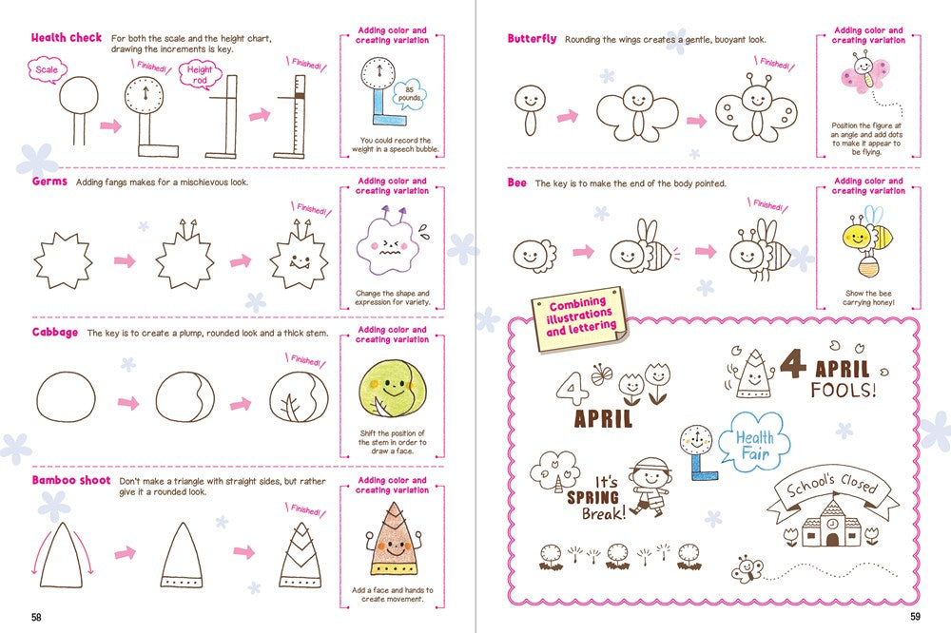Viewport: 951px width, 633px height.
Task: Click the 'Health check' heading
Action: tap(67, 38)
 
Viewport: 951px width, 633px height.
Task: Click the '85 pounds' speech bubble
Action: tap(412, 96)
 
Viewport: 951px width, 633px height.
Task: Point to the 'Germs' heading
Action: tap(49, 182)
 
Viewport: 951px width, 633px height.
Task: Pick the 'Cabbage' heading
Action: tap(56, 333)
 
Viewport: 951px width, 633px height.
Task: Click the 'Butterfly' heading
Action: tap(532, 39)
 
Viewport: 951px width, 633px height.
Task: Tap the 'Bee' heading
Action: tap(516, 182)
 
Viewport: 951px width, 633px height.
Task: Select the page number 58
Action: tap(36, 617)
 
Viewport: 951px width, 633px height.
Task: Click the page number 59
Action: tap(915, 617)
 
